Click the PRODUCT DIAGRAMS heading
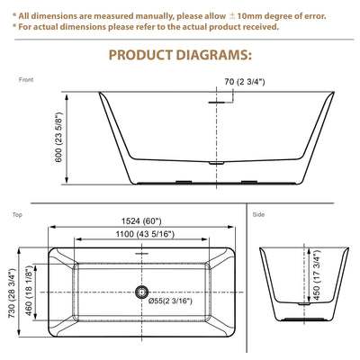180,55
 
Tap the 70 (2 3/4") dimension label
245,82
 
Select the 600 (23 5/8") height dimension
58,137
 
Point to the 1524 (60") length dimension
141,221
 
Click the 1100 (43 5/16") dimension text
145,234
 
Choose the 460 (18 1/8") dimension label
29,291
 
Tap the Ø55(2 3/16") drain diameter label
170,301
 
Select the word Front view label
26,80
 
